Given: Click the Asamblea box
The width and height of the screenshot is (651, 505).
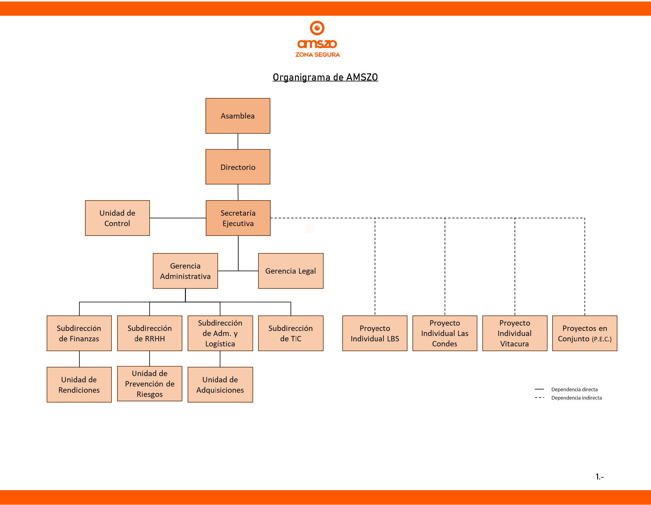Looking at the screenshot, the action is coord(238,116).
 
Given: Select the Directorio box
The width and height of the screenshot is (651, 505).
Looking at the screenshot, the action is coord(238,167).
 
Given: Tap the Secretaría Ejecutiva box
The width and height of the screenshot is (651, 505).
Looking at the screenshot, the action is coord(238,218).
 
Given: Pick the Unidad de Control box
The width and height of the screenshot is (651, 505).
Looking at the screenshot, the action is coord(117,218).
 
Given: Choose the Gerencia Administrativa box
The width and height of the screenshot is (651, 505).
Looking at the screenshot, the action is coord(185,271).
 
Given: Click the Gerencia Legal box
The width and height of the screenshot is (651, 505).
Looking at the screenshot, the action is coord(291,271).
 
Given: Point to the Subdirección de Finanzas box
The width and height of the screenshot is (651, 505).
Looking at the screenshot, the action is coord(79,333).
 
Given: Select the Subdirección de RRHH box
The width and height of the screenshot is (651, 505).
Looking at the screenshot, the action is coord(150,333).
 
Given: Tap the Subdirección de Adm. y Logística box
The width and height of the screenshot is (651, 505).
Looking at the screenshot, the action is coord(220,333).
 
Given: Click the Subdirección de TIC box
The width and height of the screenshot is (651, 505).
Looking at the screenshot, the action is coord(291,333).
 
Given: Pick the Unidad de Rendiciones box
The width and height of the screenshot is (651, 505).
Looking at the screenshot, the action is coord(79,385).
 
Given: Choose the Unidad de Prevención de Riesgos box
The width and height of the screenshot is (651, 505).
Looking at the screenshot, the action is coord(150,384).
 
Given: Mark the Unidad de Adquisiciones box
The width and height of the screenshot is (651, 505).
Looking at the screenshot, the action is coord(220,385).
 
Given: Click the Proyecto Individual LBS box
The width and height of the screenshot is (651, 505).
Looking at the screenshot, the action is coord(375,333).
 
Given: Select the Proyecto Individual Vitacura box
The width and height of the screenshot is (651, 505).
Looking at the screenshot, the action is coord(515,333).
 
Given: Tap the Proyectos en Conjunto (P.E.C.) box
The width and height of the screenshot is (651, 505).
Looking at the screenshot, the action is coord(585,333).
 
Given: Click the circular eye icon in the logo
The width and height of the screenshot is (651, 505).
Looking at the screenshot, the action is coord(317,28).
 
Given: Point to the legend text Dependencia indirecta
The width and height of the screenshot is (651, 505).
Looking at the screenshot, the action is coord(576,398).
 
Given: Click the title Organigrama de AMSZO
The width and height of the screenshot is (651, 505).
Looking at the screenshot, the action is coord(325,77).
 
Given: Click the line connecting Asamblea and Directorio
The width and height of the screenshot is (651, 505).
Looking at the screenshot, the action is coord(238,141).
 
